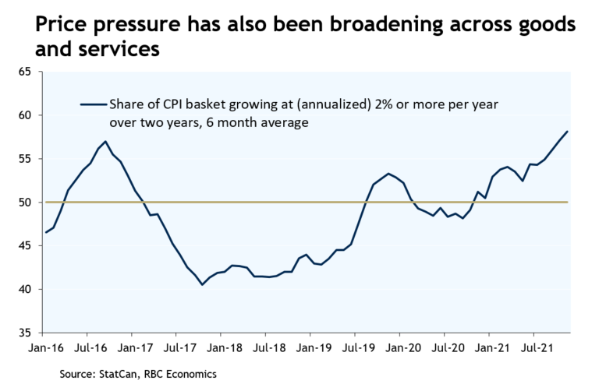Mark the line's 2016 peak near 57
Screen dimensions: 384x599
click(105, 142)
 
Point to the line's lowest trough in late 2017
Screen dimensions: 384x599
click(202, 284)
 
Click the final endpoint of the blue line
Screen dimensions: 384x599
click(568, 131)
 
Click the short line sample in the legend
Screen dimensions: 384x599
click(92, 103)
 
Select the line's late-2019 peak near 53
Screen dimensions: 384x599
click(388, 173)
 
